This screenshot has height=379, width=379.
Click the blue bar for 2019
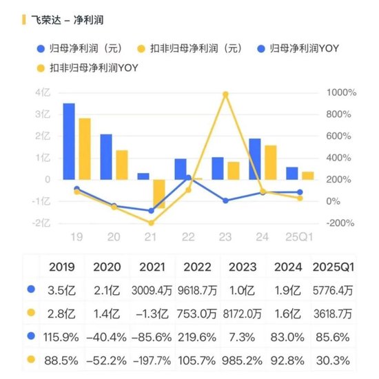coord(69,141)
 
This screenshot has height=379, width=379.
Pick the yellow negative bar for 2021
coord(159,194)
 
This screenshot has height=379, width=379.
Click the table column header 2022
coord(198,266)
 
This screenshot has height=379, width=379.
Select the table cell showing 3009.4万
coord(153,289)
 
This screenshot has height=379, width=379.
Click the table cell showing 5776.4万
coord(334,289)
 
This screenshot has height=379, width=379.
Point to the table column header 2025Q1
coord(334,266)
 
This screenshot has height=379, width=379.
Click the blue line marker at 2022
coord(188,178)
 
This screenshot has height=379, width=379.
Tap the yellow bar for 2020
coord(121,165)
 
